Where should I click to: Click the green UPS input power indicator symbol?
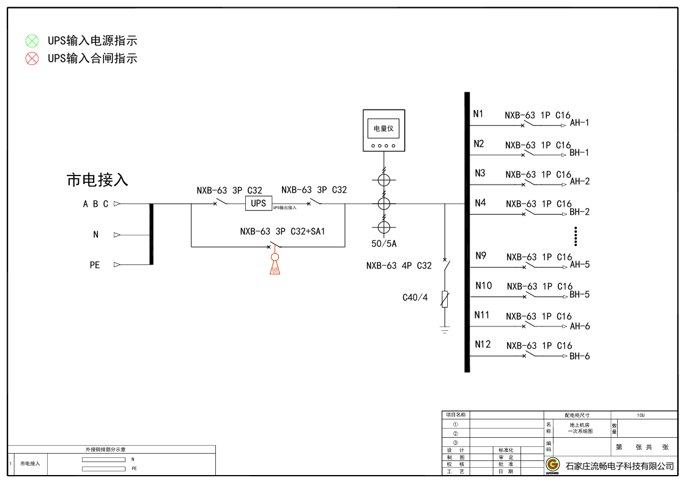pyautogui.click(x=32, y=41)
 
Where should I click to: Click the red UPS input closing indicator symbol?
pyautogui.click(x=32, y=59)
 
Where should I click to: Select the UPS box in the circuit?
pyautogui.click(x=259, y=203)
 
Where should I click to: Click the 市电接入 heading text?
pyautogui.click(x=97, y=180)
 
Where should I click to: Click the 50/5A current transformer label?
pyautogui.click(x=384, y=244)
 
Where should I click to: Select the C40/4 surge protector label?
pyautogui.click(x=415, y=298)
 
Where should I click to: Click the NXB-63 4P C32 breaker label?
pyautogui.click(x=399, y=266)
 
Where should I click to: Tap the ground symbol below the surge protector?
pyautogui.click(x=445, y=330)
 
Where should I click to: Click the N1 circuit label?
pyautogui.click(x=478, y=114)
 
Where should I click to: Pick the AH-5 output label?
pyautogui.click(x=580, y=265)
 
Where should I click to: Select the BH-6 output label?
pyautogui.click(x=580, y=356)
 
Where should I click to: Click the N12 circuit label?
pyautogui.click(x=483, y=344)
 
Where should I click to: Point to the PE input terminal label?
pyautogui.click(x=95, y=265)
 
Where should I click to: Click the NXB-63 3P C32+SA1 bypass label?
pyautogui.click(x=283, y=232)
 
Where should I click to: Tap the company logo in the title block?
pyautogui.click(x=553, y=465)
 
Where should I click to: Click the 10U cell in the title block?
pyautogui.click(x=640, y=415)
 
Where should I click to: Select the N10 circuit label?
pyautogui.click(x=483, y=286)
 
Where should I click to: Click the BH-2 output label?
pyautogui.click(x=579, y=212)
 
